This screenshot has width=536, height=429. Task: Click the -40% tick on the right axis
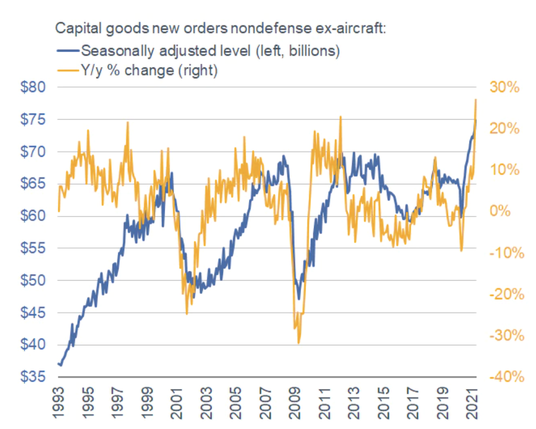[x=502, y=376]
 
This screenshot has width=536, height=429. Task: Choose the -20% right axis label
[x=502, y=294]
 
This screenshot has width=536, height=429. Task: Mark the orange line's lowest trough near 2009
[x=298, y=343]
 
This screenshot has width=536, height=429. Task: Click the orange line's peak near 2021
[x=476, y=99]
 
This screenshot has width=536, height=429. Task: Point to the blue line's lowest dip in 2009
[x=299, y=299]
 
